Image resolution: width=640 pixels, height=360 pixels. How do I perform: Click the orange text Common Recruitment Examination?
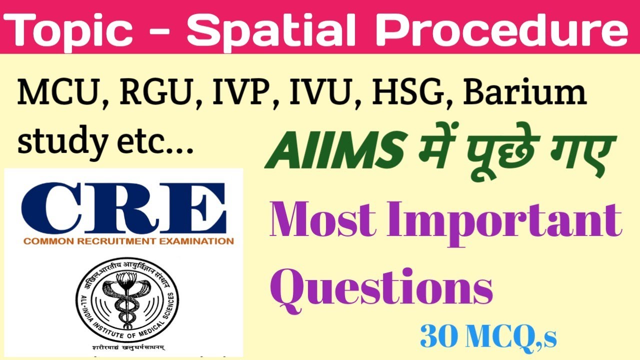tap(127, 241)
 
